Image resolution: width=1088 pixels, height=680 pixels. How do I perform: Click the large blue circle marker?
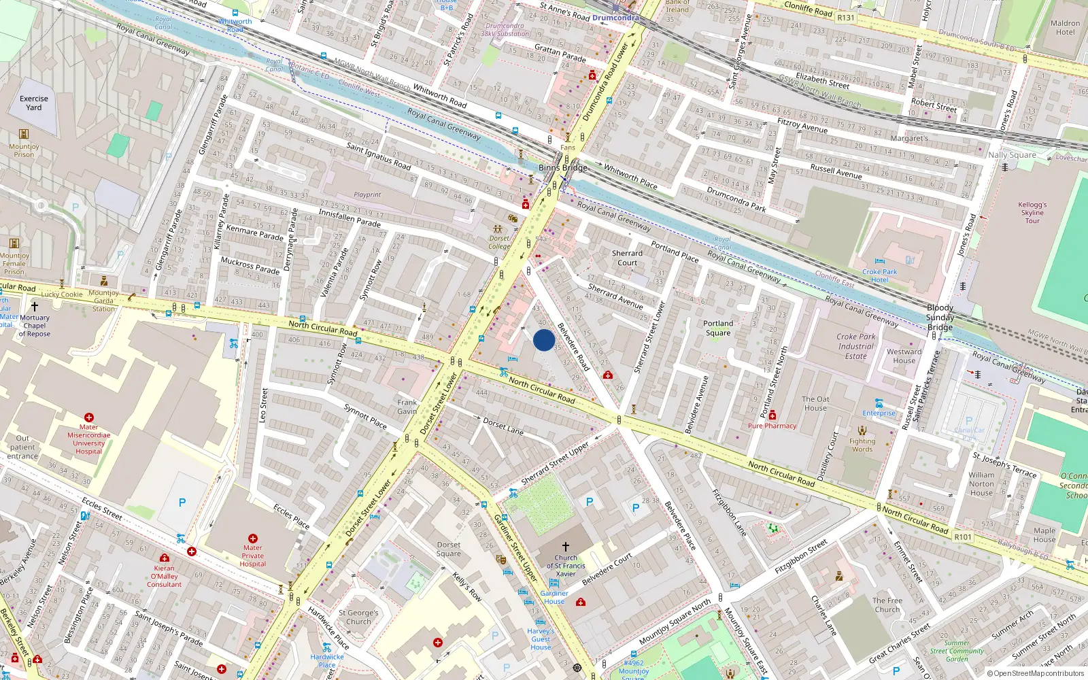coord(544,340)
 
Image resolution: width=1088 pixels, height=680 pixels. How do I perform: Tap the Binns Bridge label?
coord(562,168)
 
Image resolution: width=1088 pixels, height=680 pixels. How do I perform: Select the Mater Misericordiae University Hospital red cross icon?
coord(88,418)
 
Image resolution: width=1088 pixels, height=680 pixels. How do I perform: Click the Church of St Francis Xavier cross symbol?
coord(565,547)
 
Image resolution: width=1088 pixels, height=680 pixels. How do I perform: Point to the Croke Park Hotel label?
coord(879,275)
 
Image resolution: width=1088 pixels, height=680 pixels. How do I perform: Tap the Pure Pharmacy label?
coord(772,426)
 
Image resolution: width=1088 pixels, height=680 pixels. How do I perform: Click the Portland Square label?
coord(718,328)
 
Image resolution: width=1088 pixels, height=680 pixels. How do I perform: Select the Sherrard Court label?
coord(627,258)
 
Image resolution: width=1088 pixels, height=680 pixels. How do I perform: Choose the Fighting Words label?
coord(862,445)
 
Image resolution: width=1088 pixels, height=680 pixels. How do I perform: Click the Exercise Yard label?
coord(34,103)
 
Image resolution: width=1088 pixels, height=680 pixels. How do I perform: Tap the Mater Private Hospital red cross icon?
coord(252,538)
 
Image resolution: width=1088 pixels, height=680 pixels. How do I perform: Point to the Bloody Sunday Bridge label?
coord(940,318)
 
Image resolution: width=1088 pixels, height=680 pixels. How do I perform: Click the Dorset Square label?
coord(448,549)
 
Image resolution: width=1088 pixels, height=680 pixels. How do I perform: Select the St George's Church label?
coord(358,617)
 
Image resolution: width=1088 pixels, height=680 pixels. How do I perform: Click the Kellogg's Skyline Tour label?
coord(1032,212)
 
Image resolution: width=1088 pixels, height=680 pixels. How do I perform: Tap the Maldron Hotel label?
coord(1065,28)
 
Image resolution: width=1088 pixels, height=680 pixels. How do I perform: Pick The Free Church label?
coord(887,605)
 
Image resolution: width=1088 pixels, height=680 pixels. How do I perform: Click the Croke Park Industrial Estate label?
coord(856,346)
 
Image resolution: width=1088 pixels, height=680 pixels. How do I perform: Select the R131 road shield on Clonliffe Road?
coord(846,18)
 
